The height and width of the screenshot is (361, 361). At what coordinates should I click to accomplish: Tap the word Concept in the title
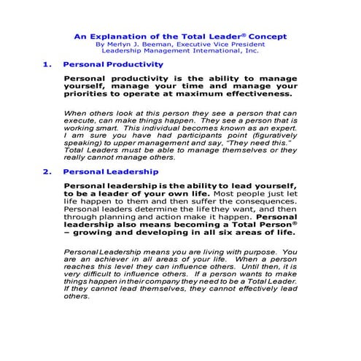(267, 35)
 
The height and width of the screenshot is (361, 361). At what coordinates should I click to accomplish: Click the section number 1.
(47, 64)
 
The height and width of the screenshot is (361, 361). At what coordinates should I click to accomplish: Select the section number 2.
(47, 172)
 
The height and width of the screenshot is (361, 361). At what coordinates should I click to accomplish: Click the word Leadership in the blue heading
(129, 172)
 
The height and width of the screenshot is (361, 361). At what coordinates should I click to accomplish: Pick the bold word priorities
(88, 93)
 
